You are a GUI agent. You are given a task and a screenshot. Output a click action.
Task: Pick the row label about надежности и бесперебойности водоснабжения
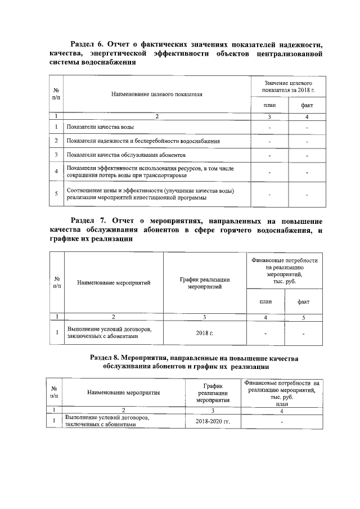click(x=143, y=141)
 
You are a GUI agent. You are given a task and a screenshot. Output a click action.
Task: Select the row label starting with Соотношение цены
click(x=150, y=194)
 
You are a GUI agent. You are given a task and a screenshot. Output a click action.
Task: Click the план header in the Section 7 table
click(x=265, y=301)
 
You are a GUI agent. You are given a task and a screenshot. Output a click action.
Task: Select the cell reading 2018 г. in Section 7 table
click(x=204, y=334)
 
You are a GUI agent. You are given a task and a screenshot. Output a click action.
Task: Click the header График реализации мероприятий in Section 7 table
click(x=204, y=283)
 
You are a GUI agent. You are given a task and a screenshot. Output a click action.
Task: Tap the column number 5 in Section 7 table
click(x=303, y=317)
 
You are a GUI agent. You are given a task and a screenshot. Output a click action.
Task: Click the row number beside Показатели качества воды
click(x=56, y=128)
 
